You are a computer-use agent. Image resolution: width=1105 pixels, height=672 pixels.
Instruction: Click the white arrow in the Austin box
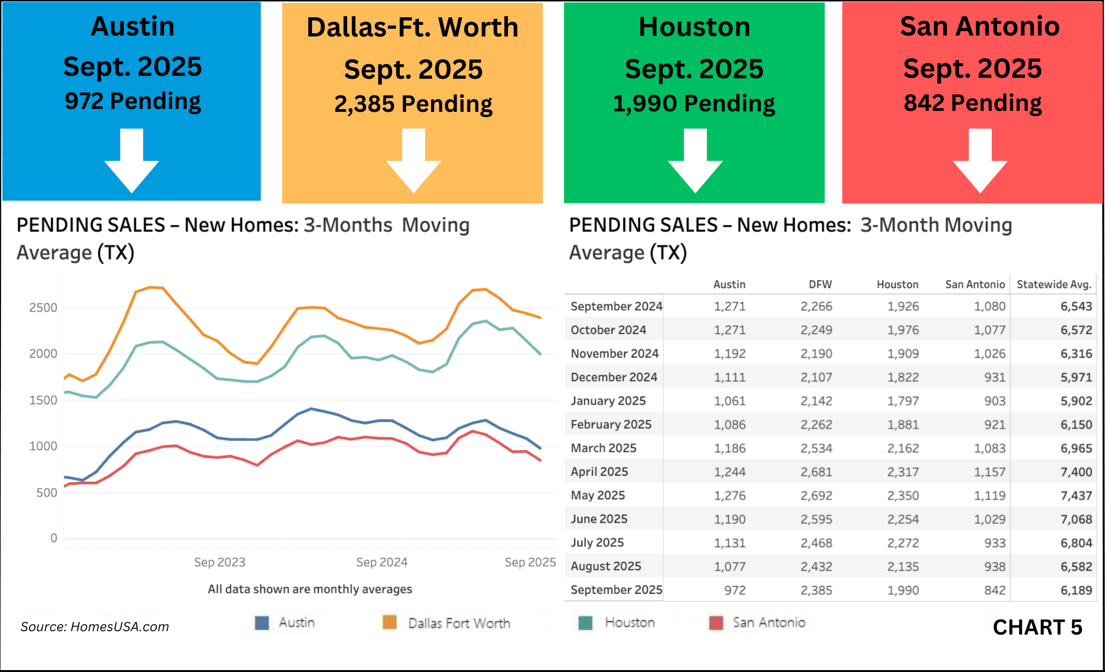point(132,163)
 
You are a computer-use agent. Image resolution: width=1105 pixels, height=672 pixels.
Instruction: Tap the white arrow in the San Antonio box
point(980,163)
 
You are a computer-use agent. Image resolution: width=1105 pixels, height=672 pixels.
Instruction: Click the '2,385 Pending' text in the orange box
point(413,104)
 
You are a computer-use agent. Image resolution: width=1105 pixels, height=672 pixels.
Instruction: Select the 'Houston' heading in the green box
point(694,27)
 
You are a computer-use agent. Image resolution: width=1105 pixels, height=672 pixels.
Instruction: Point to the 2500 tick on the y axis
point(43,308)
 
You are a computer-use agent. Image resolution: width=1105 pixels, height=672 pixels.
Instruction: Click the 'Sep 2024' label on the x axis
point(382,562)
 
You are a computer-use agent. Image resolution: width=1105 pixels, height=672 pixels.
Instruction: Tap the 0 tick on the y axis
point(54,538)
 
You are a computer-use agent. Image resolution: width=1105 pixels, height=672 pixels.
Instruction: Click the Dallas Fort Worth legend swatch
point(390,623)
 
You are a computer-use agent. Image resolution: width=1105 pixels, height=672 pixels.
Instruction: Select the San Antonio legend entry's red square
point(716,623)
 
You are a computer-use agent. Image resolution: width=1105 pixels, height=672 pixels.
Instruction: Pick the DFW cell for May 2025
point(816,495)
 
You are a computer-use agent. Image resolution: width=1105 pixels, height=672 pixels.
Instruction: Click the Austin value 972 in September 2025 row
point(735,590)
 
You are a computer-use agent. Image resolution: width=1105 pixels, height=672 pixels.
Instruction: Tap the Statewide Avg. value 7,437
point(1076,495)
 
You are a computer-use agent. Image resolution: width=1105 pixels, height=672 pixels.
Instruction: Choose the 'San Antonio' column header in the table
point(975,285)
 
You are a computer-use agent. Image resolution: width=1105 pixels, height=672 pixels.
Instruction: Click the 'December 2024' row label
point(614,377)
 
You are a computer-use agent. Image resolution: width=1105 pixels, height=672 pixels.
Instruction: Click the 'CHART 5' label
point(1037,627)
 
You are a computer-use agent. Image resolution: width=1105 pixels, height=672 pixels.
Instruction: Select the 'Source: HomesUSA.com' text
point(95,627)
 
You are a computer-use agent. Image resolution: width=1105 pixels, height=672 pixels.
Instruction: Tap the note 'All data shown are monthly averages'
point(310,589)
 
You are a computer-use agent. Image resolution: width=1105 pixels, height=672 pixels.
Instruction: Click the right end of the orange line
point(540,317)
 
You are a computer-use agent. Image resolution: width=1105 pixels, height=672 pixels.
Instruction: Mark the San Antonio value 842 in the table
point(995,590)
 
